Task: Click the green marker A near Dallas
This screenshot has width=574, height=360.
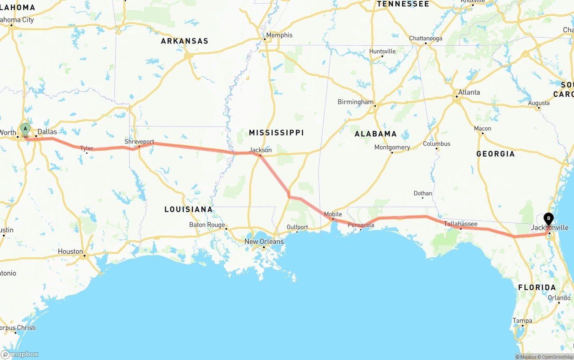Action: click(x=25, y=130)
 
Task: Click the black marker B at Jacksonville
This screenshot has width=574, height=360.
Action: click(x=548, y=219)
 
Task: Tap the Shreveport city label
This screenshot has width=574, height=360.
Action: click(x=139, y=142)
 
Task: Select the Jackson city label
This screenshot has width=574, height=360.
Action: click(x=261, y=150)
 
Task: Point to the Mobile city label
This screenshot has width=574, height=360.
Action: click(x=333, y=214)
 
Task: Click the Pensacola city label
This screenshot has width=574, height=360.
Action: click(x=361, y=225)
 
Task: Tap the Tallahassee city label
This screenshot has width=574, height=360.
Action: click(x=461, y=224)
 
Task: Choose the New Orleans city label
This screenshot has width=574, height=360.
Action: click(x=264, y=242)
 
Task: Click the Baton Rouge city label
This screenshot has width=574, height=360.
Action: click(x=207, y=225)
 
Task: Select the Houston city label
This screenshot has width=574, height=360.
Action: click(x=70, y=252)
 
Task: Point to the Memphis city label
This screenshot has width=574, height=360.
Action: click(x=279, y=35)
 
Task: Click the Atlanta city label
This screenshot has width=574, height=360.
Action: click(x=469, y=92)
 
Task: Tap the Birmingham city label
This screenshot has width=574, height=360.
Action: click(x=355, y=102)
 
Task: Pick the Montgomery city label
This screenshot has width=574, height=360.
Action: click(x=392, y=147)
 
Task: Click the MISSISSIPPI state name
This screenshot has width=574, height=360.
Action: click(x=276, y=133)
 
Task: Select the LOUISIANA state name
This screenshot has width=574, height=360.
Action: click(x=188, y=209)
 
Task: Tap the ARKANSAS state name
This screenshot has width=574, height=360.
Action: click(x=185, y=41)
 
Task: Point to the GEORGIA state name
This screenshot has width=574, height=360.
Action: click(x=496, y=154)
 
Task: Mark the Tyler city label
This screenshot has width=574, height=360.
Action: click(x=87, y=148)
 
